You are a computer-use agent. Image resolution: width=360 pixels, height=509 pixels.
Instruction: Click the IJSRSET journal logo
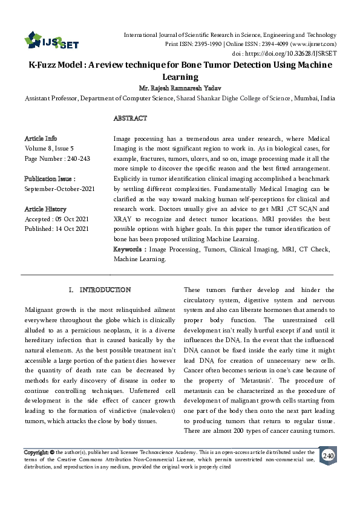[x=51, y=41]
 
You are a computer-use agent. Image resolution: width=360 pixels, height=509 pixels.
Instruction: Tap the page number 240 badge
[x=328, y=455]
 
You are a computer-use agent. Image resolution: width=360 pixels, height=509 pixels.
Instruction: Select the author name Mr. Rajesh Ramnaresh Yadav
[x=180, y=88]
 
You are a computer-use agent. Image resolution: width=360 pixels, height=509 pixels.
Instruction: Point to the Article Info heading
[x=41, y=138]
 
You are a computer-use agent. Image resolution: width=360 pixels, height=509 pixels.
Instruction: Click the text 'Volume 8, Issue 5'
[x=49, y=148]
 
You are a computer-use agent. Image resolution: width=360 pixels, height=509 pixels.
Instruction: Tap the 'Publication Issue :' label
[x=50, y=179]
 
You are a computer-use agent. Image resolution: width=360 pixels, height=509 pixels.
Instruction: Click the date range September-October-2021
[x=59, y=189]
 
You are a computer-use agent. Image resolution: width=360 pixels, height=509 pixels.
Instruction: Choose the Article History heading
[x=46, y=209]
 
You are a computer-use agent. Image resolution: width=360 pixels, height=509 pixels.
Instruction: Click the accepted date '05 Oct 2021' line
[x=56, y=219]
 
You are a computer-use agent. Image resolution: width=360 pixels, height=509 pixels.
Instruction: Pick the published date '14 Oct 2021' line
[x=57, y=229]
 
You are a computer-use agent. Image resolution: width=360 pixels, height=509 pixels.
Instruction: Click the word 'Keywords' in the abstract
[x=129, y=249]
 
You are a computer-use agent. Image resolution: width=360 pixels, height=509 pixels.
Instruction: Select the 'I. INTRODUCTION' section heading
[x=100, y=290]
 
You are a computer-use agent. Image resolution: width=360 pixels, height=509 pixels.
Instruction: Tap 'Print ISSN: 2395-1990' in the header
[x=193, y=44]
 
